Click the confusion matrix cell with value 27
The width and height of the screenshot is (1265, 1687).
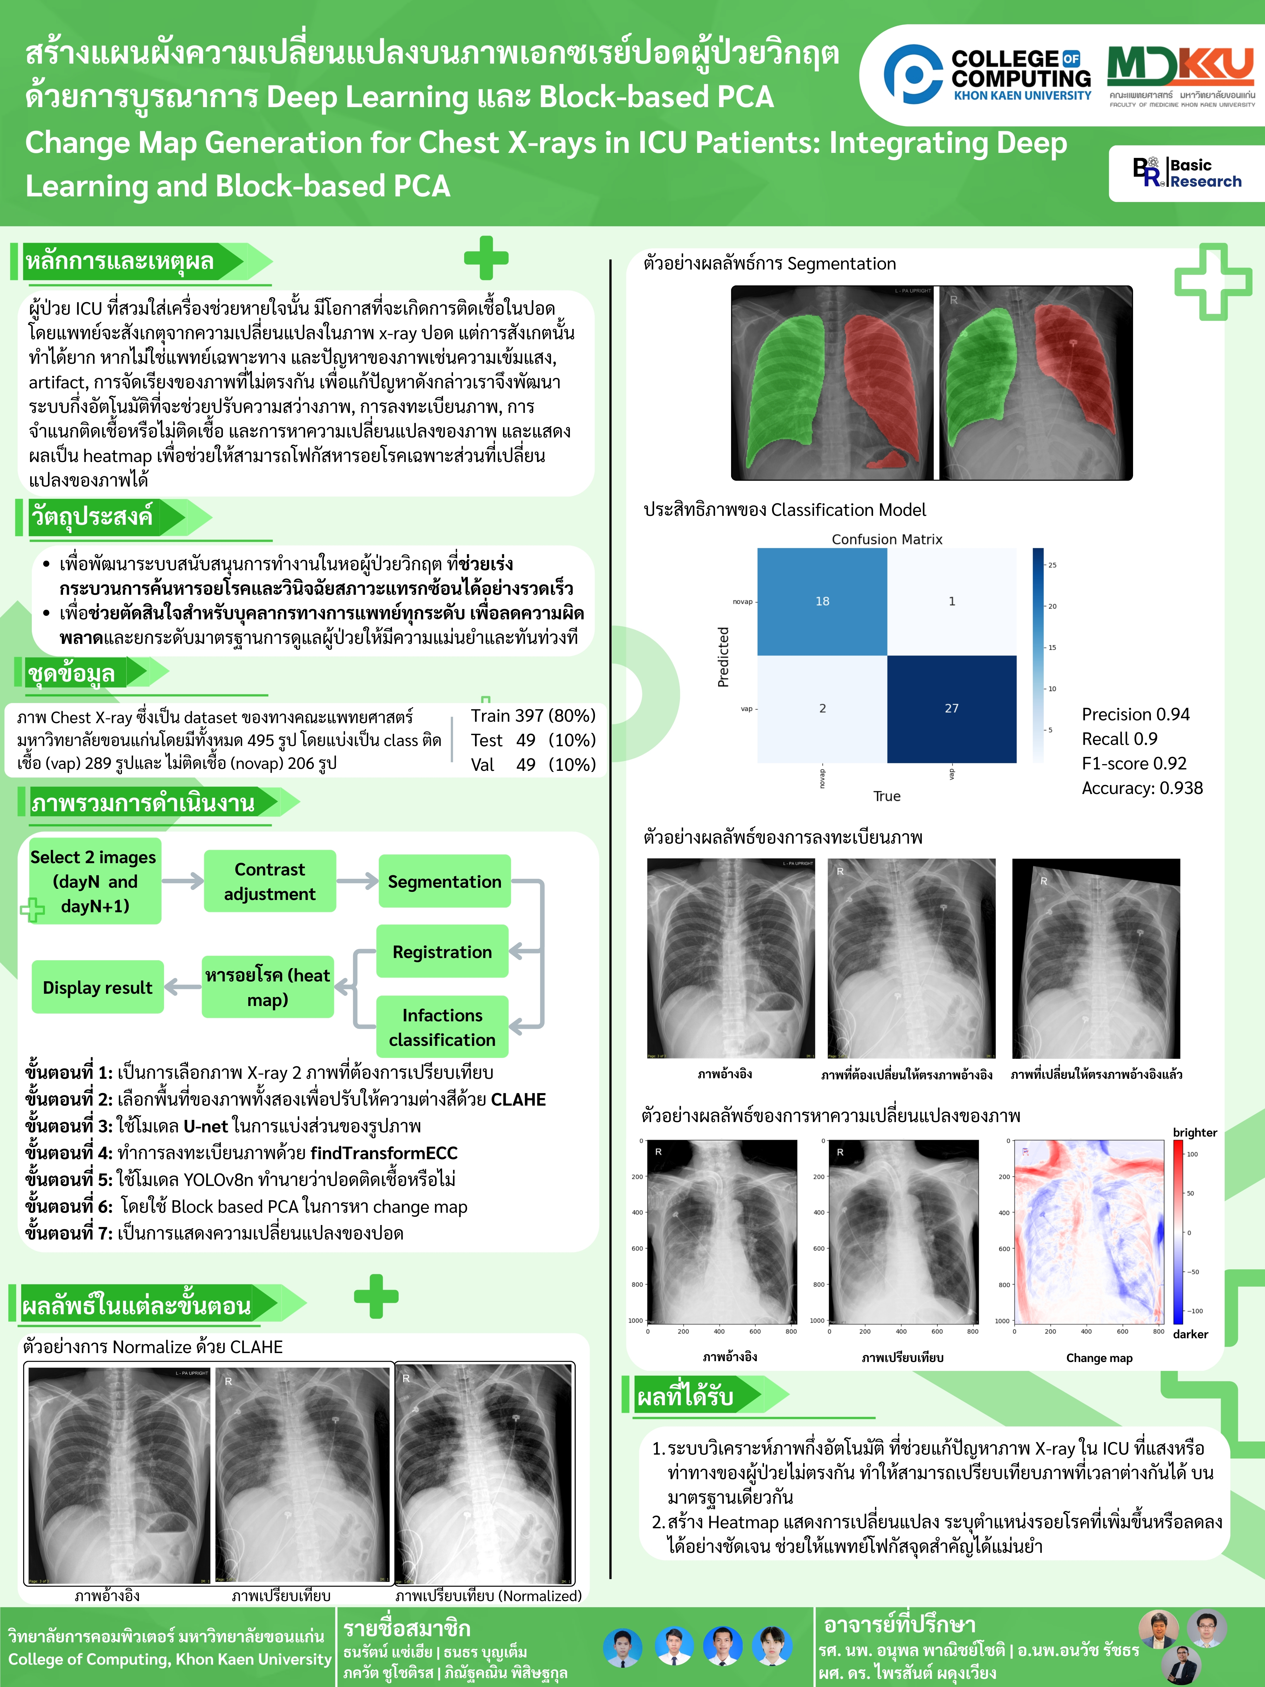pos(952,709)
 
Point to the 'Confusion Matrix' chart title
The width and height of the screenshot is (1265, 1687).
pos(887,539)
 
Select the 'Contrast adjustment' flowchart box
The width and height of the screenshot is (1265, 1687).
pos(270,882)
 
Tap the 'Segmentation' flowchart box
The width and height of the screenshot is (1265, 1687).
pos(445,882)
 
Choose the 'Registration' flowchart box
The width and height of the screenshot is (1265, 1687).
pos(442,952)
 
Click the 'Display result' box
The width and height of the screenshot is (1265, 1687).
pos(98,988)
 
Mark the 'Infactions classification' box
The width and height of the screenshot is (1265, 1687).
pos(442,1027)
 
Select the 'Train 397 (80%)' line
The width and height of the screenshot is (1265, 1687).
pos(533,715)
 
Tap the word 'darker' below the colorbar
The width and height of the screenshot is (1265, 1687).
pos(1190,1334)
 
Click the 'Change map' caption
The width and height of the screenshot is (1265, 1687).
pos(1099,1358)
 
